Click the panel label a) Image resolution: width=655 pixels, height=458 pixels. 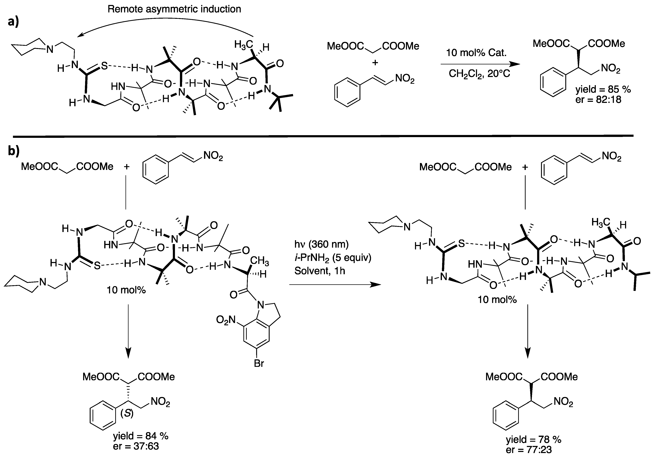coord(13,22)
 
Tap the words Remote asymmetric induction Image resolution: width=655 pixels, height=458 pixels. coord(174,9)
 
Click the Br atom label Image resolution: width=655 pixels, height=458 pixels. coord(259,363)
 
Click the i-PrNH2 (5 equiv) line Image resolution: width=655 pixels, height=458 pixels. coord(333,258)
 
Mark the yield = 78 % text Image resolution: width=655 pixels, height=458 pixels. coord(533,440)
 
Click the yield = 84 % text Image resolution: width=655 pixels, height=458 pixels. coord(141,436)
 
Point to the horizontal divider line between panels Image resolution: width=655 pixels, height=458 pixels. coord(322,136)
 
